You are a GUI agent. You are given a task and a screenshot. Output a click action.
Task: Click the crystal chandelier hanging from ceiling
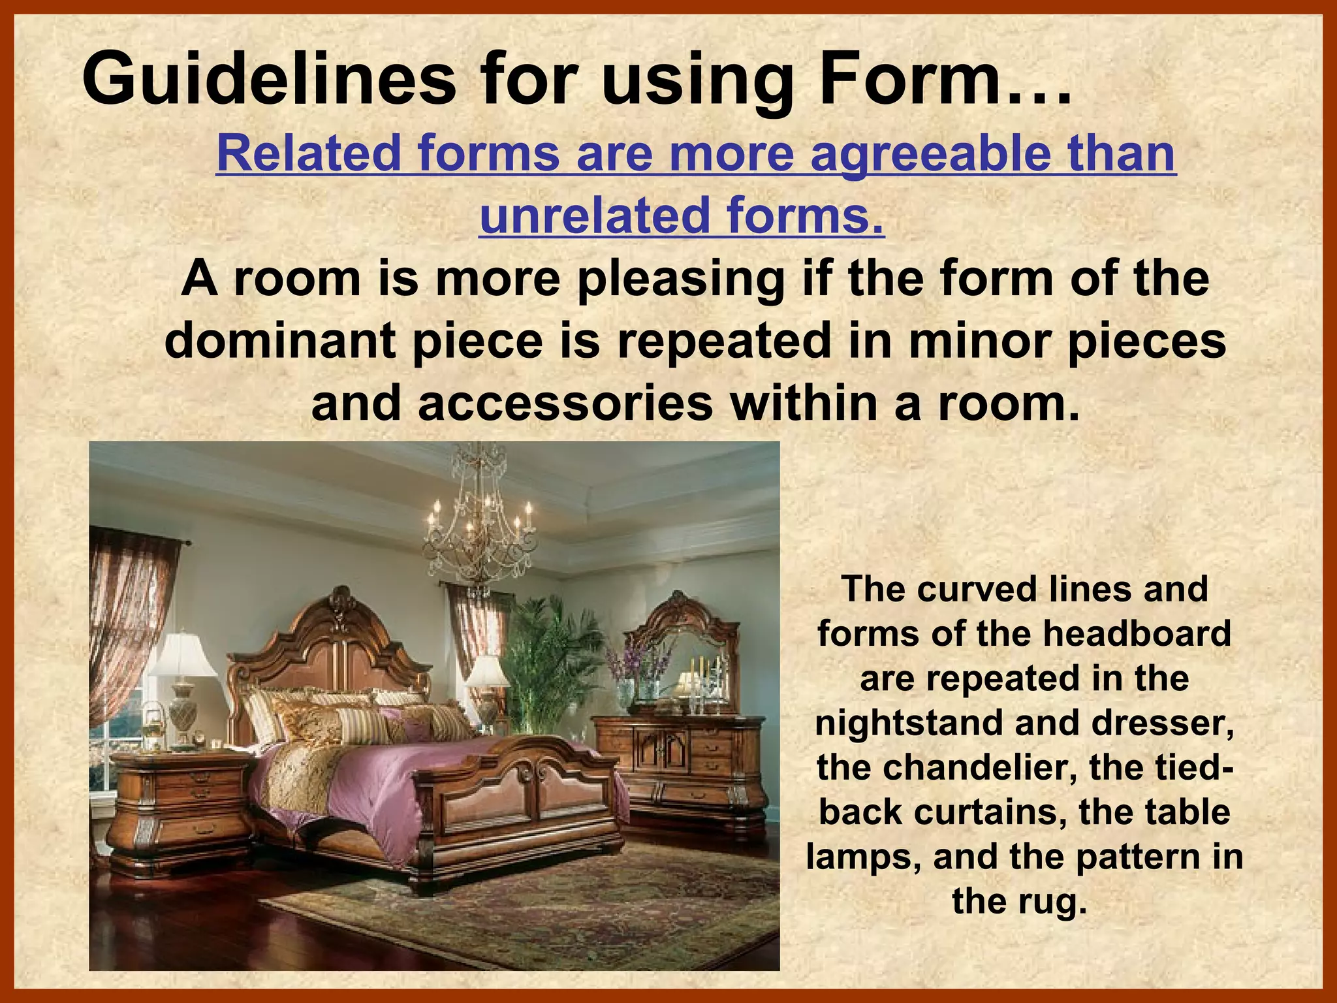(480, 529)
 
